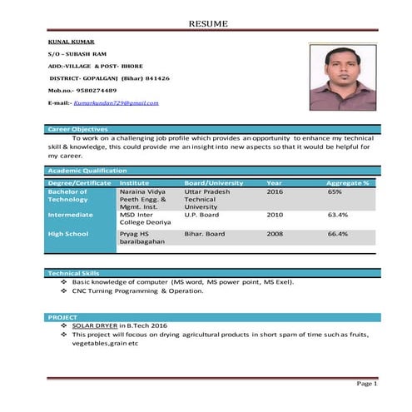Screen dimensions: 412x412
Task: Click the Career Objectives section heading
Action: click(77, 129)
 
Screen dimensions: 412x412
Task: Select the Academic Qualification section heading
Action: click(87, 170)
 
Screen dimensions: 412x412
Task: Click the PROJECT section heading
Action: click(62, 317)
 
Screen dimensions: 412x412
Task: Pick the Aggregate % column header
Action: click(348, 182)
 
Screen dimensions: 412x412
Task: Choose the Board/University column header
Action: click(214, 182)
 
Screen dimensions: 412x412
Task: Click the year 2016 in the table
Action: click(275, 191)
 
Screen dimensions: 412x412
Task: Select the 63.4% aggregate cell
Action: click(338, 214)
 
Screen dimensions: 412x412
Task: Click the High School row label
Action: click(68, 234)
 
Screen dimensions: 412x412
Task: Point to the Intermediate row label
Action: click(71, 214)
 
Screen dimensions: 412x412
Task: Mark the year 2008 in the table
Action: click(275, 234)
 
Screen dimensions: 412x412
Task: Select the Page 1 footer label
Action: click(367, 384)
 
